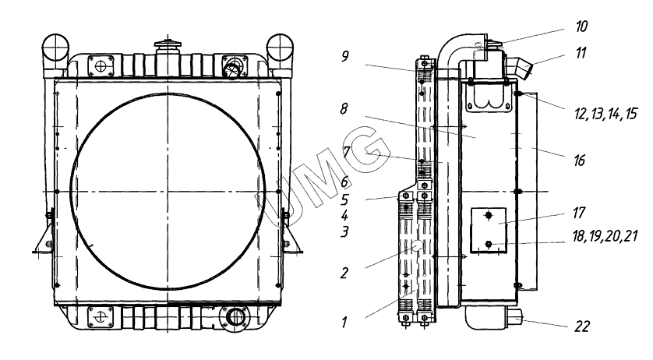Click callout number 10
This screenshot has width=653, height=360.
coord(581,26)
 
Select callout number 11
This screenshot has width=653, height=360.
coord(581,53)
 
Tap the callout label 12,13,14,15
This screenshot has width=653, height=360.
coord(605,114)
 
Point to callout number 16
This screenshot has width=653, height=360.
coord(579,160)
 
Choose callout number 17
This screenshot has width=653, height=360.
coord(579,213)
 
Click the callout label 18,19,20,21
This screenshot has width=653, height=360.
coord(605,236)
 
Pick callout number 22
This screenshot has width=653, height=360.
coord(582,326)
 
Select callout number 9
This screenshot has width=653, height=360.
coord(344,56)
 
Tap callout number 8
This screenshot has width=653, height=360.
coord(344,109)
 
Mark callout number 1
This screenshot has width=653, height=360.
coord(344,322)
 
